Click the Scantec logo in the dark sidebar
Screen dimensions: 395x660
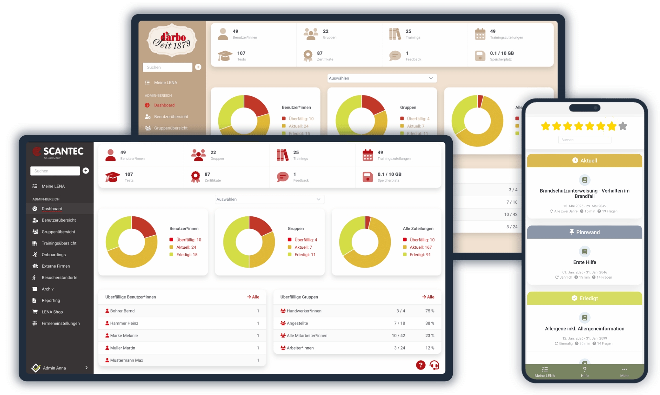coord(58,152)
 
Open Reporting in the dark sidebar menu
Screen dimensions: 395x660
coord(51,301)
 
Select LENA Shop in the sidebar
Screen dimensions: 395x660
coord(52,312)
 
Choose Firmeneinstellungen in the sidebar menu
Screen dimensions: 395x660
coord(60,324)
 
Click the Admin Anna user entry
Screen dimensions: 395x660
coord(54,368)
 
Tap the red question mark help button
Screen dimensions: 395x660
coord(420,365)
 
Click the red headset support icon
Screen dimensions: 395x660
coord(434,365)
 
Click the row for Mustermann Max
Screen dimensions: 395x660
coord(126,360)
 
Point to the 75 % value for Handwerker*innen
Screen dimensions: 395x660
coord(430,311)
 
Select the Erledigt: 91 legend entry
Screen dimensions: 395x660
coord(420,255)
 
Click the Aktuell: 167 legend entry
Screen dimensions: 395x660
coord(420,247)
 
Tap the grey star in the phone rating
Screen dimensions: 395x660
coord(623,126)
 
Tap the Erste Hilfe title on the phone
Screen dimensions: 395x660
coord(584,262)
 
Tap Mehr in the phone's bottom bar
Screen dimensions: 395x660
coord(624,372)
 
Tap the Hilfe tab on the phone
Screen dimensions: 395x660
coord(584,372)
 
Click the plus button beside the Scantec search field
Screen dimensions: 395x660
coord(86,171)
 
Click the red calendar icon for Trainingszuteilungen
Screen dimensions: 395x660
coord(367,155)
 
